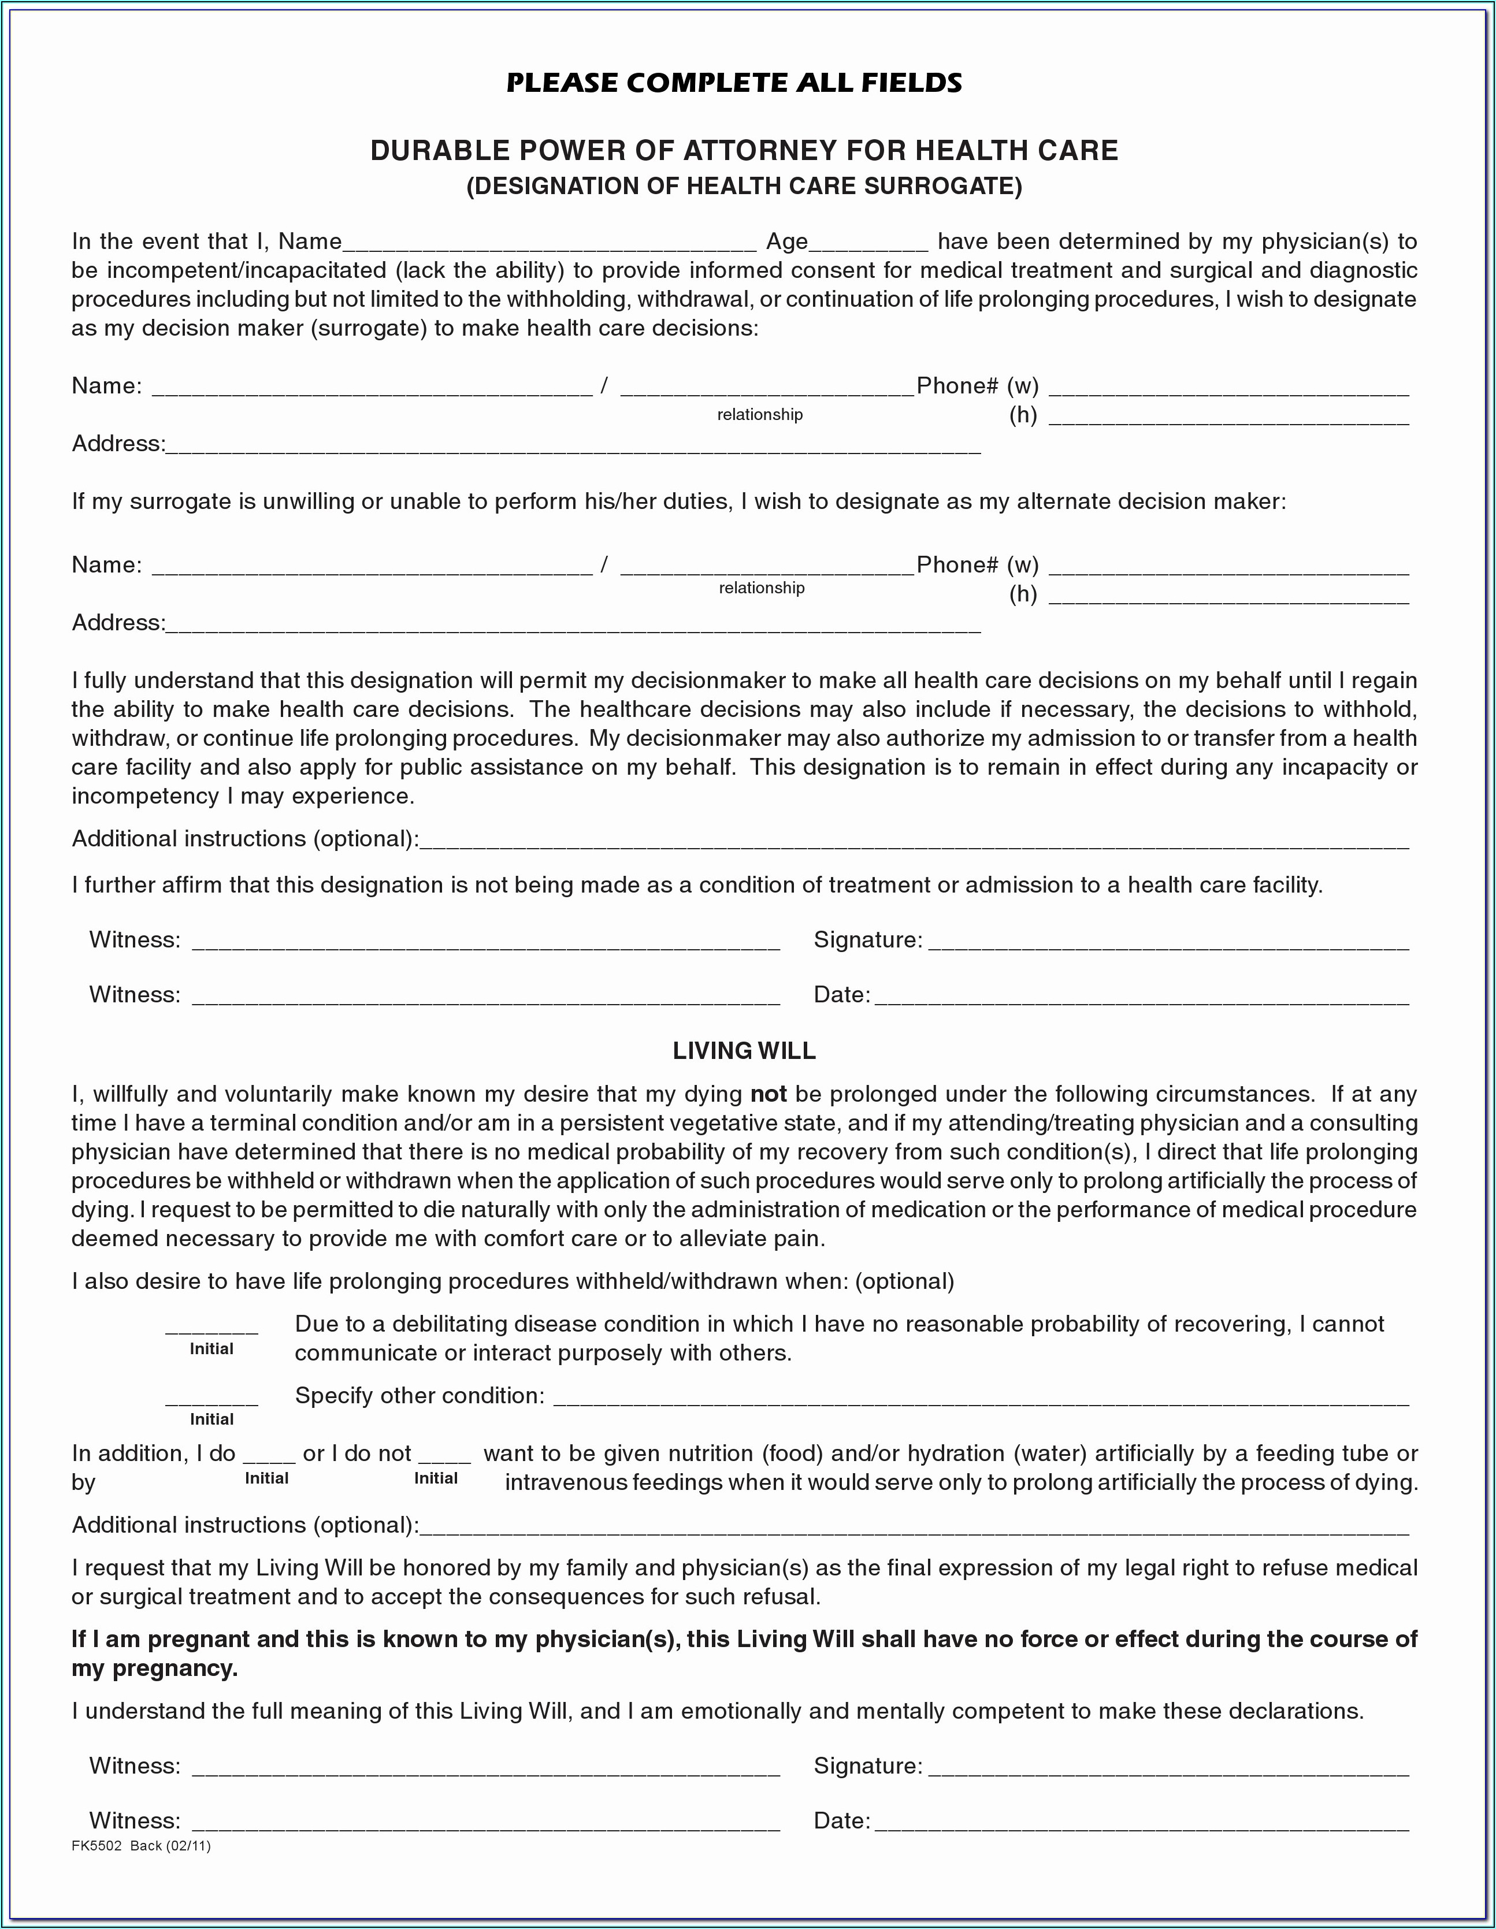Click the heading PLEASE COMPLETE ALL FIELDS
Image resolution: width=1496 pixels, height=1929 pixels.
pyautogui.click(x=733, y=83)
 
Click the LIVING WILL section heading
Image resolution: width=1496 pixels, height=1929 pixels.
pyautogui.click(x=744, y=1050)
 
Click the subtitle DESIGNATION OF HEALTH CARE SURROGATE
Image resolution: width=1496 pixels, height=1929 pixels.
pyautogui.click(x=744, y=187)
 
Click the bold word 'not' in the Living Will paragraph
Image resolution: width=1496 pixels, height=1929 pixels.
pyautogui.click(x=768, y=1094)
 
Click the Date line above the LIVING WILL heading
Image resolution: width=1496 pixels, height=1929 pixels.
pyautogui.click(x=1141, y=997)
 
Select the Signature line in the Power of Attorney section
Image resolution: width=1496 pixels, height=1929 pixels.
pyautogui.click(x=1168, y=942)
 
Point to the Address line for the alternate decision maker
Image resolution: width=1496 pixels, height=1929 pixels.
pyautogui.click(x=573, y=625)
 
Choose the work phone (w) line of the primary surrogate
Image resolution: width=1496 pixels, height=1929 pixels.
pyautogui.click(x=1228, y=389)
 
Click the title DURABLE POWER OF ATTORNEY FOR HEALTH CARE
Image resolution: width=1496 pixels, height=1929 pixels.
pyautogui.click(x=744, y=151)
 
